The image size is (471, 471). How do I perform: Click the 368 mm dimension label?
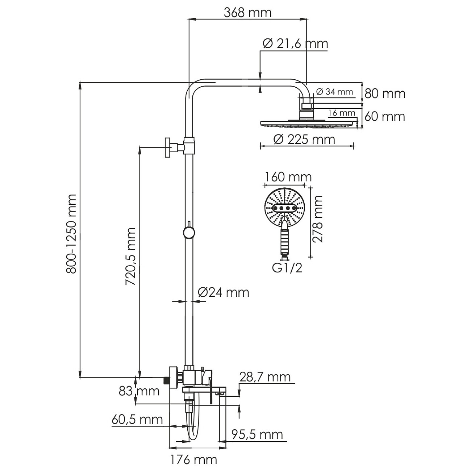pyautogui.click(x=247, y=13)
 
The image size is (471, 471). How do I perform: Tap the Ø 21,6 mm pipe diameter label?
pyautogui.click(x=295, y=44)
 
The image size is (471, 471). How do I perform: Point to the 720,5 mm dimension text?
pyautogui.click(x=130, y=257)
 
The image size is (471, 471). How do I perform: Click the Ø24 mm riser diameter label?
pyautogui.click(x=224, y=292)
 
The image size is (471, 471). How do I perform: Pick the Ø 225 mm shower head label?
pyautogui.click(x=304, y=139)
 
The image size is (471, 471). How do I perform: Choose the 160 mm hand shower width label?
pyautogui.click(x=288, y=177)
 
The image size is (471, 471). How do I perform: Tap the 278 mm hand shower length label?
pyautogui.click(x=318, y=219)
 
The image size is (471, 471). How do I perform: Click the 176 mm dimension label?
pyautogui.click(x=194, y=460)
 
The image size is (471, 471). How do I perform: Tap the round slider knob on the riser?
pyautogui.click(x=188, y=232)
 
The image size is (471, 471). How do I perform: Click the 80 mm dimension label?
pyautogui.click(x=385, y=94)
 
